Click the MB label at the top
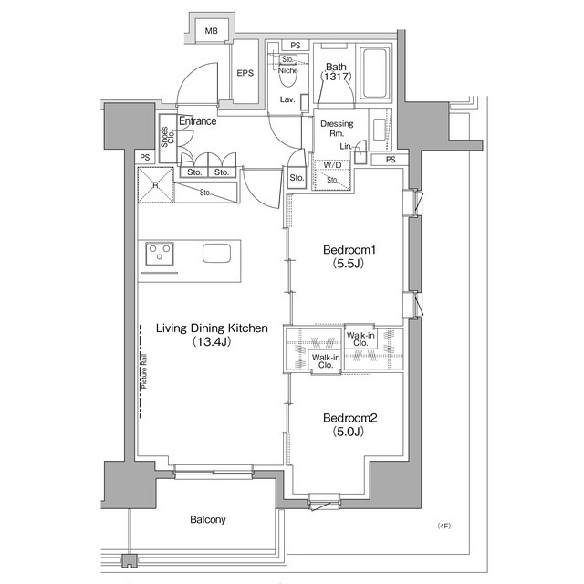pos(212,32)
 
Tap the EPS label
pos(245,73)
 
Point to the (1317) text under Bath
pos(335,78)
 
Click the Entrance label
pos(197,121)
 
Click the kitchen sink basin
pos(217,254)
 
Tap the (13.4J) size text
pos(210,343)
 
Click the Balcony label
pos(208,519)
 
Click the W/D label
pos(332,165)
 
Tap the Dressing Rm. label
pos(337,129)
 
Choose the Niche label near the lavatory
pos(287,69)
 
